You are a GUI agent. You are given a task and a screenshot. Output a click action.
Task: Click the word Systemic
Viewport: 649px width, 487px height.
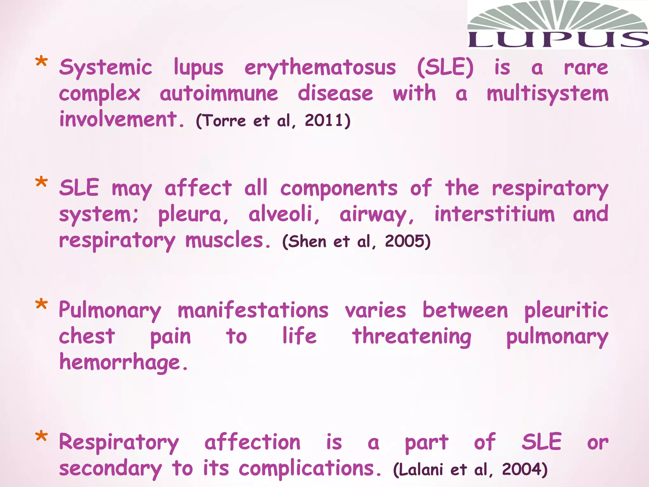(106, 68)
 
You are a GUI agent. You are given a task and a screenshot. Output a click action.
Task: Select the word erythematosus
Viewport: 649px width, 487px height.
(320, 68)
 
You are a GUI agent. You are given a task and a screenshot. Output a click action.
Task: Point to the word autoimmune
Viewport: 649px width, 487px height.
(219, 94)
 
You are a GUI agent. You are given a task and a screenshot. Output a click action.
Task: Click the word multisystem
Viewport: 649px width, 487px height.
(548, 94)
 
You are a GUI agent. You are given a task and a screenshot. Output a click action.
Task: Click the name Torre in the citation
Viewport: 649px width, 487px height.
(224, 121)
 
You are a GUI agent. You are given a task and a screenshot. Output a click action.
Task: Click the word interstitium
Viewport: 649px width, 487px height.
(495, 214)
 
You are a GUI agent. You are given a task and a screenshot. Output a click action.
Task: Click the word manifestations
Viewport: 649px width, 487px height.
(253, 310)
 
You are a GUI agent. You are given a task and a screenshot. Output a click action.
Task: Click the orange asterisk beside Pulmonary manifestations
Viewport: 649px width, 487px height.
(42, 305)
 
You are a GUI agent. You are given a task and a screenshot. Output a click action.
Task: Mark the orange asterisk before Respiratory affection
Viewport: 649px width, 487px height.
(42, 437)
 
